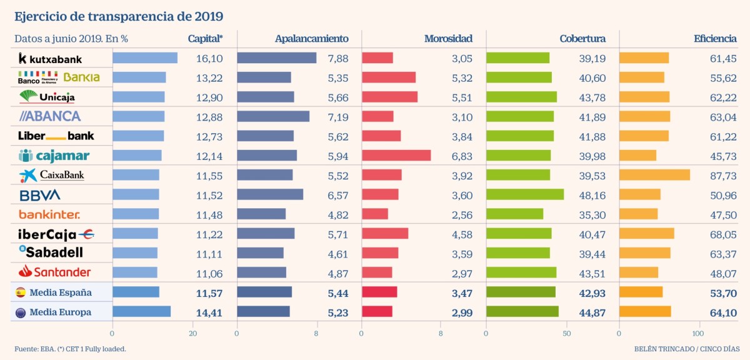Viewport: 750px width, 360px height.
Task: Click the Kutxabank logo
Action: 50,58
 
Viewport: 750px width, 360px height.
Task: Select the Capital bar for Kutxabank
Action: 145,58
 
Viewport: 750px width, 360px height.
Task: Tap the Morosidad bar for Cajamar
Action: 396,155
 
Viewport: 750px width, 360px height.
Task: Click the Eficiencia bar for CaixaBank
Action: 654,175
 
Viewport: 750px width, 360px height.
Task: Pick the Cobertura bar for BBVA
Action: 525,194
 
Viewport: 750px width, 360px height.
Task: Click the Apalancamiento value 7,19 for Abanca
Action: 338,116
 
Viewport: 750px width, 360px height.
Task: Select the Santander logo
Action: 54,272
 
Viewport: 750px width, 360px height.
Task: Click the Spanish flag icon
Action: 20,292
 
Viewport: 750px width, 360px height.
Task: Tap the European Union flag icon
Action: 20,312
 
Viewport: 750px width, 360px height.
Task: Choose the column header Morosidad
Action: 448,39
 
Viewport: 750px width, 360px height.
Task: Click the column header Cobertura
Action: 582,39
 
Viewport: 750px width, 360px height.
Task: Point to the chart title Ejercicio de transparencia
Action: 119,15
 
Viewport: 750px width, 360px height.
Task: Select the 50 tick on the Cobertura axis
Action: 566,334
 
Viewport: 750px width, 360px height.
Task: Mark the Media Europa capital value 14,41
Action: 209,312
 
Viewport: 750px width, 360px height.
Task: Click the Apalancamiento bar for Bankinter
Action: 261,214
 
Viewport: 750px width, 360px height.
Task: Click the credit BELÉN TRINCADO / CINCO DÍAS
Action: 685,349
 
